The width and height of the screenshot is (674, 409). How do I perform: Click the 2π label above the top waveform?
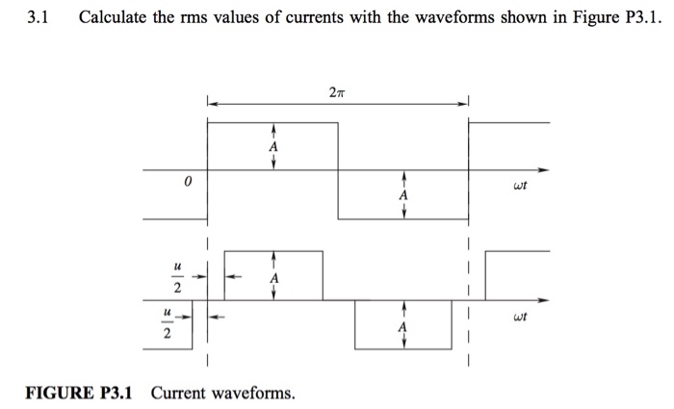[333, 92]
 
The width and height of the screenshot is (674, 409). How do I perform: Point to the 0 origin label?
[189, 181]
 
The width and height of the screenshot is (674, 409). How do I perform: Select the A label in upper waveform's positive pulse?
[273, 147]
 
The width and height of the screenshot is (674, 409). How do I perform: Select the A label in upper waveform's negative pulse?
[404, 195]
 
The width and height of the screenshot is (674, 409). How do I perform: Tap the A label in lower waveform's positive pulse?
[275, 277]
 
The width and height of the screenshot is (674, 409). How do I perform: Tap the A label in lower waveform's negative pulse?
[404, 326]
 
